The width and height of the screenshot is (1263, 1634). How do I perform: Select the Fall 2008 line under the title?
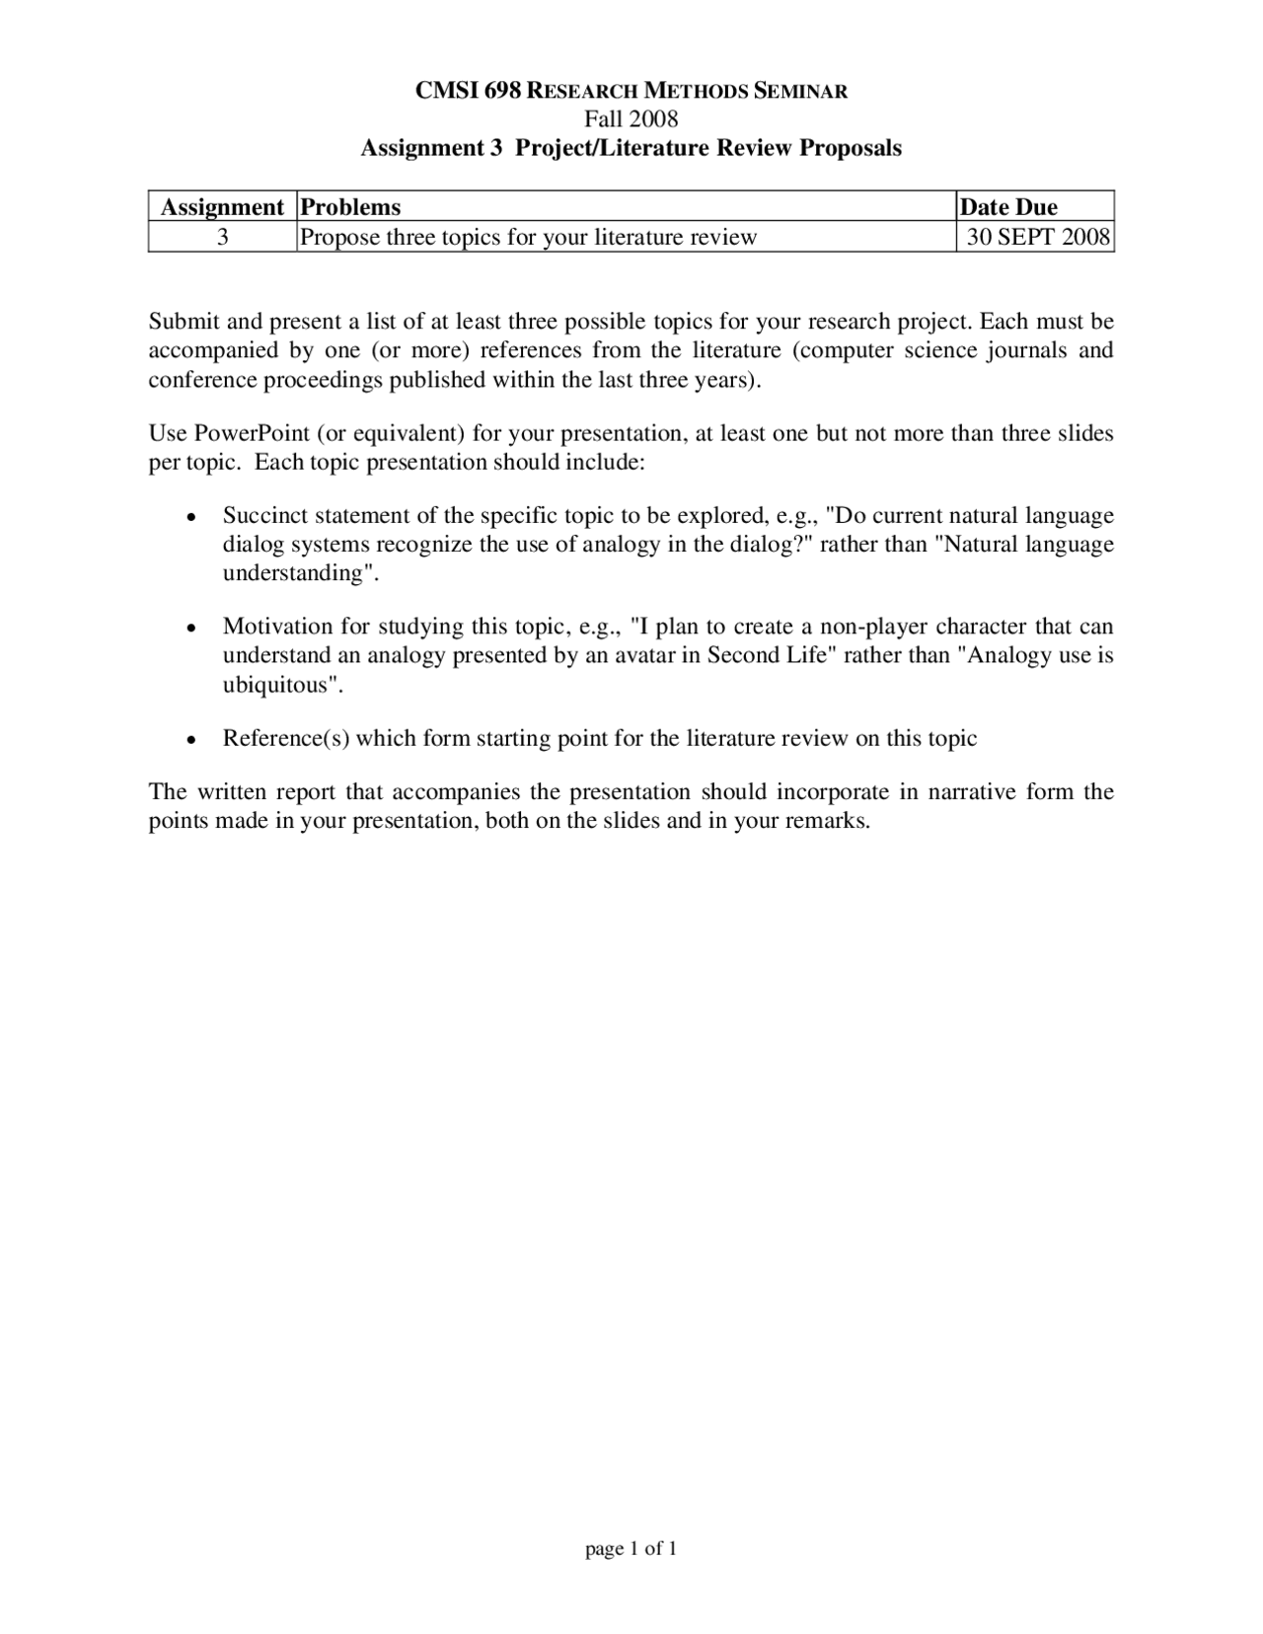(631, 119)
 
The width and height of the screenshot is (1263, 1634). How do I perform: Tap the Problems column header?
(350, 207)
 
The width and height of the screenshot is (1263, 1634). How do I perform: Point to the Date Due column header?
(1008, 207)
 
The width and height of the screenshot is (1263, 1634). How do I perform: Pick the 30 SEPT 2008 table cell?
(1038, 237)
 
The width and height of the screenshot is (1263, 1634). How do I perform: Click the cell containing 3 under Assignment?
(223, 237)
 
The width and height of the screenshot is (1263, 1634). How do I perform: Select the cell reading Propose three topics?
(528, 237)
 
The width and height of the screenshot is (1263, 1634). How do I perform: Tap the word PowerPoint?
(253, 433)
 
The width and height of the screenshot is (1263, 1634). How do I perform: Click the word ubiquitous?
(281, 685)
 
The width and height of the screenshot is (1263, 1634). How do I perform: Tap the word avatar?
(644, 655)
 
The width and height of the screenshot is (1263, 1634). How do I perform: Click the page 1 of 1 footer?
(631, 1549)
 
